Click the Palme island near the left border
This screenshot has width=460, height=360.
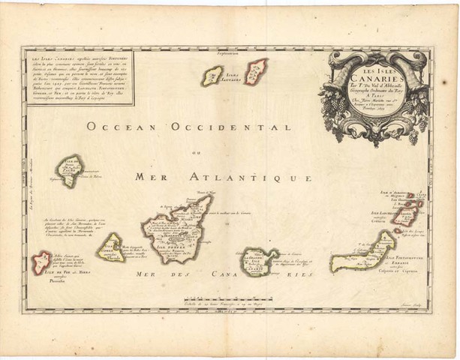tap(69, 169)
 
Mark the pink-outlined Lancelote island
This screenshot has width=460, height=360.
tap(406, 214)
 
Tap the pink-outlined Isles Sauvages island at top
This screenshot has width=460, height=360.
tap(256, 71)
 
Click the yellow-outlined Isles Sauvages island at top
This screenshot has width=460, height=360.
tap(212, 76)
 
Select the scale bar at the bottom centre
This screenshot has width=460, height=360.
tap(225, 303)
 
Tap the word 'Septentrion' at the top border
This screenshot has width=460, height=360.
tap(224, 54)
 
